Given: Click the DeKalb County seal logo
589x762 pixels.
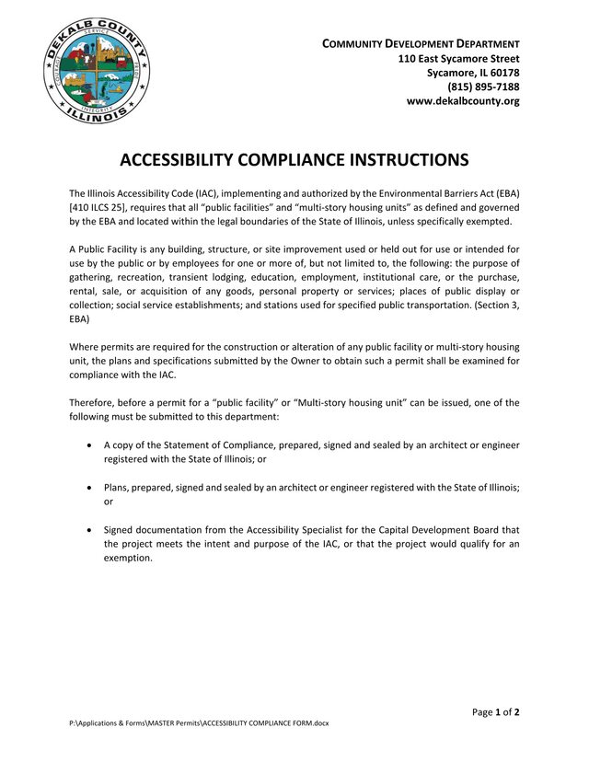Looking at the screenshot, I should [x=96, y=72].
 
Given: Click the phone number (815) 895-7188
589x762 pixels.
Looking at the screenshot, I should [x=483, y=87].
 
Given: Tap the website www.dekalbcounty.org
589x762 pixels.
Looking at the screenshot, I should [x=463, y=101].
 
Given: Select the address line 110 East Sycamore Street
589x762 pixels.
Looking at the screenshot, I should [x=458, y=58].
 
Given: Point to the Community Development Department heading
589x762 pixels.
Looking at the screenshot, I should [x=421, y=43].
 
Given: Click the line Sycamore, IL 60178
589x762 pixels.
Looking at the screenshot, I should [x=473, y=73].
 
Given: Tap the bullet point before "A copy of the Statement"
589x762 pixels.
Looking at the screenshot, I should [x=87, y=444].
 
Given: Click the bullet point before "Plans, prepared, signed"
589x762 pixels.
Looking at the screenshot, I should [x=87, y=488].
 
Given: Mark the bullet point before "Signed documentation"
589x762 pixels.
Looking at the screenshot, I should [x=87, y=530].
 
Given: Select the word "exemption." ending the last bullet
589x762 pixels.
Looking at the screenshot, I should [x=128, y=558].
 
